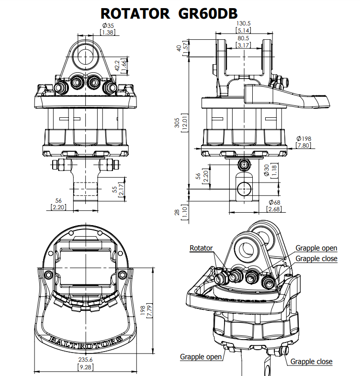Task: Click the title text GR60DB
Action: click(x=208, y=13)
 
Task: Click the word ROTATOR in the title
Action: click(x=135, y=13)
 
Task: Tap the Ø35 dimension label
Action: click(x=108, y=25)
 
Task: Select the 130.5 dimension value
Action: click(x=243, y=23)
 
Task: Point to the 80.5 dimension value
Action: click(x=243, y=38)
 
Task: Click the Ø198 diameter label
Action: click(x=304, y=138)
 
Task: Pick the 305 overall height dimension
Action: click(x=177, y=123)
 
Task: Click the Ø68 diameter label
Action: click(x=274, y=203)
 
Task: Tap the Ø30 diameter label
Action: click(x=266, y=170)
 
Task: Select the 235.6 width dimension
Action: click(x=85, y=360)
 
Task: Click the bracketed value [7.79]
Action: click(x=149, y=310)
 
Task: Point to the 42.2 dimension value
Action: click(x=117, y=66)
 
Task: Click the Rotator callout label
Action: click(x=201, y=248)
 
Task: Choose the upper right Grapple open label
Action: click(x=316, y=248)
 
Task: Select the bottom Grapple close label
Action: click(x=311, y=361)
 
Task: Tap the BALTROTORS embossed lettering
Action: click(x=86, y=342)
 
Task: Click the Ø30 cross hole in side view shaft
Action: click(x=244, y=189)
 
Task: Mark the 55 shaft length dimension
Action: click(x=115, y=190)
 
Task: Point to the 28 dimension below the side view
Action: click(x=177, y=213)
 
